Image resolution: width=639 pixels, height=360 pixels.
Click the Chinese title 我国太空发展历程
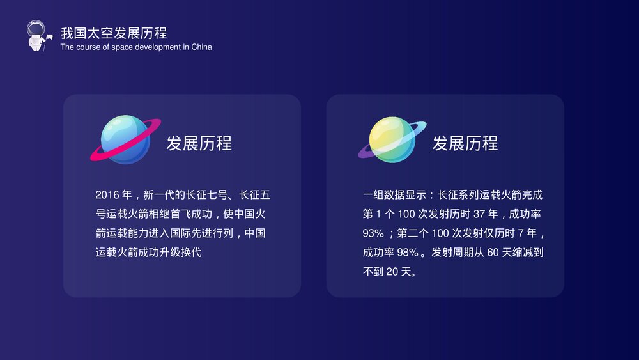tap(114, 33)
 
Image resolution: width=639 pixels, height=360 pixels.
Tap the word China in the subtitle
tap(201, 47)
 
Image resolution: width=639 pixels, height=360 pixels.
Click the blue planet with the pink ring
tap(125, 139)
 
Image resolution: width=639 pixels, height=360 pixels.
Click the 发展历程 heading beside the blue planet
tap(199, 143)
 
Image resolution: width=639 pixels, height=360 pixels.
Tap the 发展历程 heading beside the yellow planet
tap(465, 143)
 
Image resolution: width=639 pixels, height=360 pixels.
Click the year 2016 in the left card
tap(107, 195)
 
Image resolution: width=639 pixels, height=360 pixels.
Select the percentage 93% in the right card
tap(373, 233)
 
